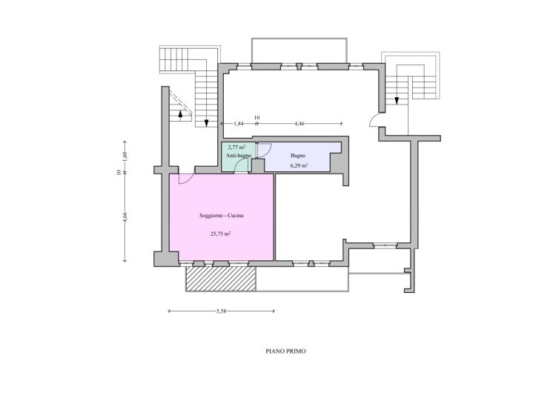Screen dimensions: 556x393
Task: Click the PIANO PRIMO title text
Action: point(285,351)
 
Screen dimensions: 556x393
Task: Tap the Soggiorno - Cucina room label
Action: point(221,215)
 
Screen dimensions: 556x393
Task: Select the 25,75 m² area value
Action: point(221,234)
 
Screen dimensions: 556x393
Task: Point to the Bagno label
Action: point(298,156)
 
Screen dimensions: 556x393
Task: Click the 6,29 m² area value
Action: point(299,165)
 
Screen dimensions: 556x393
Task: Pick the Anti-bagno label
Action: point(239,156)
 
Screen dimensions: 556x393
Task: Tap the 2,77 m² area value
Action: point(236,147)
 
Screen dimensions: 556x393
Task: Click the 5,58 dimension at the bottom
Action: point(221,311)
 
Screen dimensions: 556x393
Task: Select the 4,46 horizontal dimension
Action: point(299,124)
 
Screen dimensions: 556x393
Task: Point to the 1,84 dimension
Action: point(239,124)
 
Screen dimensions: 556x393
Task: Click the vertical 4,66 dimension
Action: point(125,217)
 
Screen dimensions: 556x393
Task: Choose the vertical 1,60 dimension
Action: point(125,156)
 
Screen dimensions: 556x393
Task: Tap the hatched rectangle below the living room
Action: point(221,279)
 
